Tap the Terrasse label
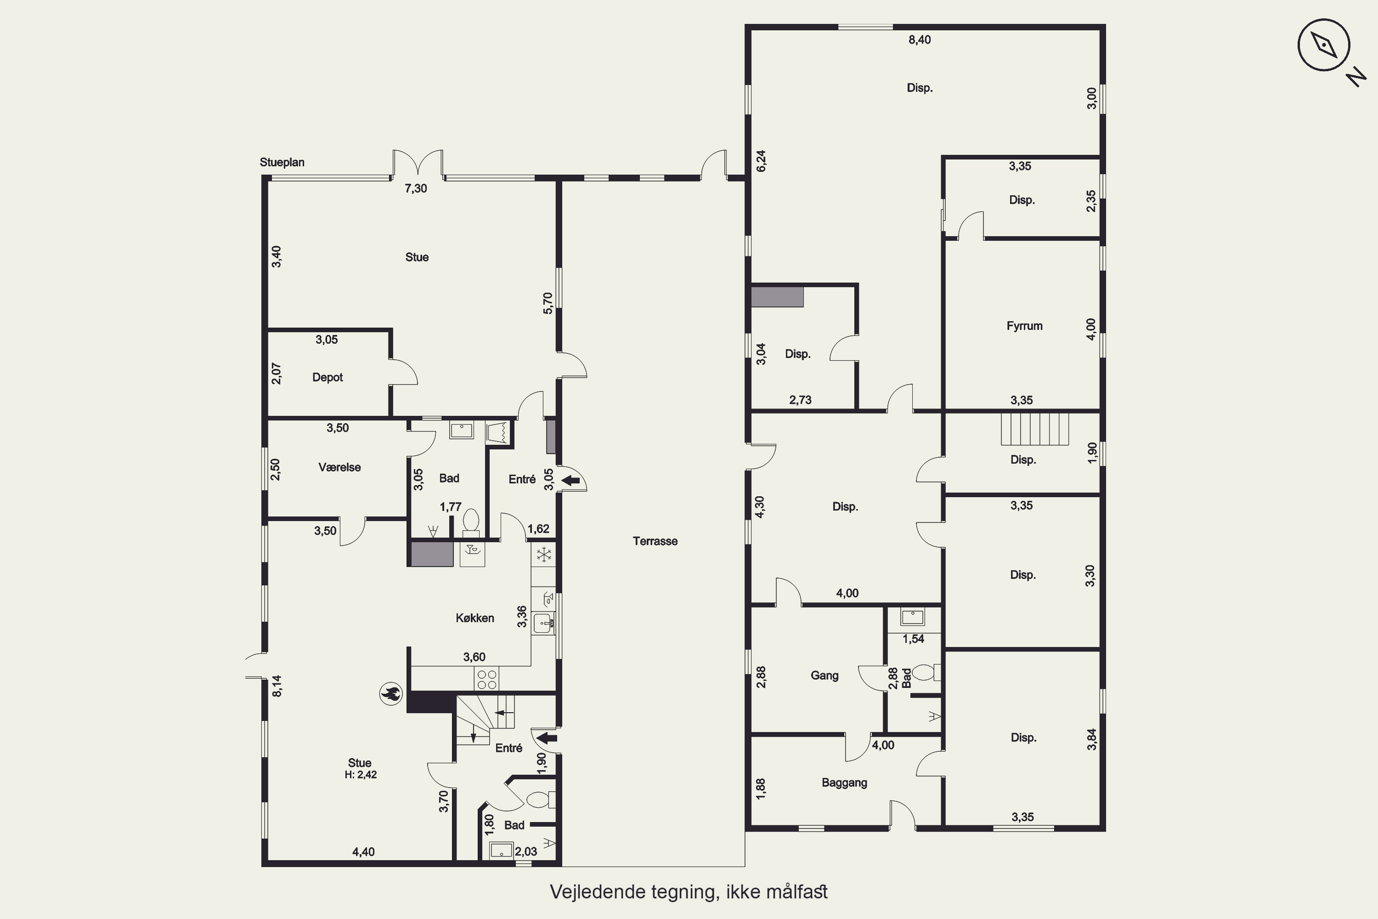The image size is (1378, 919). [x=655, y=541]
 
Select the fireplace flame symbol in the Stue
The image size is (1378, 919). [x=391, y=693]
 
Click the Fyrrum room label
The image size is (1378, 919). [x=1024, y=326]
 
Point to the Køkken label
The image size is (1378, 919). [x=474, y=618]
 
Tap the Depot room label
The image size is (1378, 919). [x=328, y=377]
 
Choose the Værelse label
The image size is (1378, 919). [x=339, y=467]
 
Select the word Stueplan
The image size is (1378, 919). [x=282, y=162]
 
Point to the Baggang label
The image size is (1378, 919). [x=844, y=783]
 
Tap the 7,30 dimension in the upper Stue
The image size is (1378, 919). [x=416, y=188]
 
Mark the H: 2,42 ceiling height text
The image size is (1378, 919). [x=360, y=775]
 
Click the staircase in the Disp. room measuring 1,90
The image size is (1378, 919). [x=1035, y=429]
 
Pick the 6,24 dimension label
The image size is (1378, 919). [x=761, y=161]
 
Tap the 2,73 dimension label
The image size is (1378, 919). [x=800, y=400]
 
